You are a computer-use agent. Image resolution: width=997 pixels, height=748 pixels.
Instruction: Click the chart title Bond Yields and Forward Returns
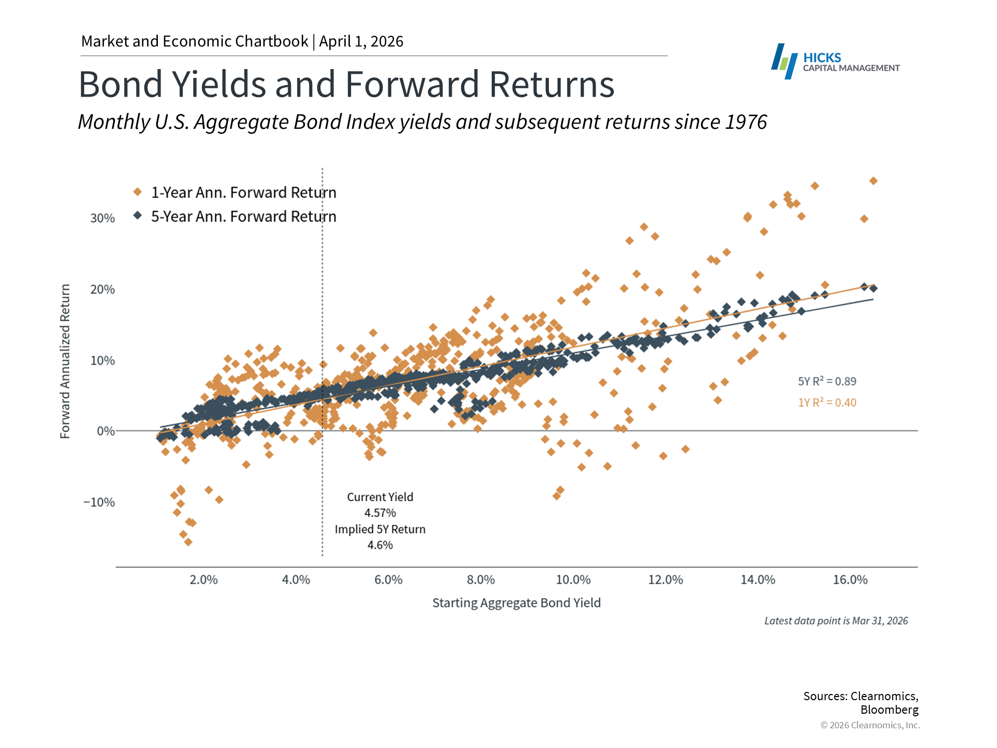pyautogui.click(x=346, y=84)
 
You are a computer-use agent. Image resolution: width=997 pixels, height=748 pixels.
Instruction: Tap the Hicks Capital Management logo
pyautogui.click(x=835, y=62)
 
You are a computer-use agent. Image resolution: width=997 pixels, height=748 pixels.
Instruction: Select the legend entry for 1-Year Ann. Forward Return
pyautogui.click(x=243, y=193)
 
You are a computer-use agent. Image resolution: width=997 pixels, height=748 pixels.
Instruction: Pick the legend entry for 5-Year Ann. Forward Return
pyautogui.click(x=243, y=217)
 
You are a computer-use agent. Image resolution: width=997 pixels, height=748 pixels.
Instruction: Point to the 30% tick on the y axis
pyautogui.click(x=102, y=218)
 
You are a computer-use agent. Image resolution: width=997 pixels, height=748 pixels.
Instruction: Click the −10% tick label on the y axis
pyautogui.click(x=99, y=502)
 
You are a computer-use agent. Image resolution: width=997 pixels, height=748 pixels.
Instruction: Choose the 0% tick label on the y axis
pyautogui.click(x=106, y=431)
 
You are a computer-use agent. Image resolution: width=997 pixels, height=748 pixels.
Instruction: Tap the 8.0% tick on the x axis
pyautogui.click(x=481, y=580)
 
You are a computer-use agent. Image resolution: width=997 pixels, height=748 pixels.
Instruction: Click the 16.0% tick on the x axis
pyautogui.click(x=850, y=580)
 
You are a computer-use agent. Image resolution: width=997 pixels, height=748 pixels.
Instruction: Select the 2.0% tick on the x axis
pyautogui.click(x=204, y=580)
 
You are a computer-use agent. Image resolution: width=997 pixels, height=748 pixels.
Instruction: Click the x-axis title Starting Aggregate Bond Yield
pyautogui.click(x=516, y=603)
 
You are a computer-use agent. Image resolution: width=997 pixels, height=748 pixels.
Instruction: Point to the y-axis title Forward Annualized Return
pyautogui.click(x=65, y=361)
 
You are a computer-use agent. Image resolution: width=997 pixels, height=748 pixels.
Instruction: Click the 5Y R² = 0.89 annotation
pyautogui.click(x=827, y=381)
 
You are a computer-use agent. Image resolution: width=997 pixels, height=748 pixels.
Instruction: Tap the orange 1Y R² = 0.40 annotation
pyautogui.click(x=827, y=403)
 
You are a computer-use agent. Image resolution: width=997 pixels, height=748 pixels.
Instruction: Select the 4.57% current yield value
pyautogui.click(x=380, y=513)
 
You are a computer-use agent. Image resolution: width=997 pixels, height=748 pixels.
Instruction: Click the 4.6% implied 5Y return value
pyautogui.click(x=380, y=545)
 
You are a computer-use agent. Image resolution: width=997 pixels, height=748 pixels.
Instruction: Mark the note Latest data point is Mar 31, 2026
pyautogui.click(x=836, y=621)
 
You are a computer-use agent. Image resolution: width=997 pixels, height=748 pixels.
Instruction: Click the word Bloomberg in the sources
pyautogui.click(x=889, y=710)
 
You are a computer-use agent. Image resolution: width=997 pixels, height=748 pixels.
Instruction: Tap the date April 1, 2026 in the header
pyautogui.click(x=361, y=42)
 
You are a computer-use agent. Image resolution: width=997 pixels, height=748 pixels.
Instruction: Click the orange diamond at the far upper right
pyautogui.click(x=873, y=181)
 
